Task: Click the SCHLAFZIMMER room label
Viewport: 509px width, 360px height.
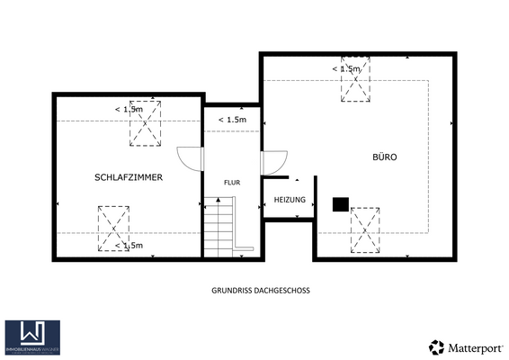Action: (x=129, y=178)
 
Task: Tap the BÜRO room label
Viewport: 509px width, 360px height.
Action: (x=385, y=157)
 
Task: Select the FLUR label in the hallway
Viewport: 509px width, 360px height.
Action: (x=232, y=182)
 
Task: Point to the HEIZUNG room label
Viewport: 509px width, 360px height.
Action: (x=290, y=200)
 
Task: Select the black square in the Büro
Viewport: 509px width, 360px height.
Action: (x=341, y=204)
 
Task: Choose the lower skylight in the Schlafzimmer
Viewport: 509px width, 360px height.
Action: (x=113, y=229)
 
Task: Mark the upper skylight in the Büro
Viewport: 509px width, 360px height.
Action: (x=356, y=81)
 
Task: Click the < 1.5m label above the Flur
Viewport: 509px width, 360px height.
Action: (x=232, y=120)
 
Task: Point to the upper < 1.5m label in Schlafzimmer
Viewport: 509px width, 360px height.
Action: (x=129, y=110)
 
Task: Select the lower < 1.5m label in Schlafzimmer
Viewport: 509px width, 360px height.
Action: (x=129, y=245)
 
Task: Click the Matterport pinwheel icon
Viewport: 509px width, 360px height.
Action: (x=436, y=346)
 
